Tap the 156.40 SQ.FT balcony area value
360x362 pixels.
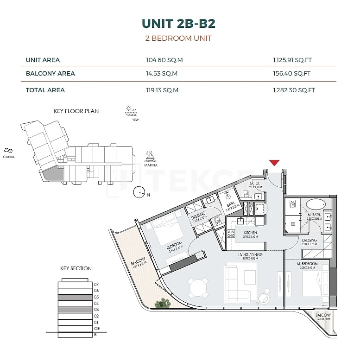[291, 74]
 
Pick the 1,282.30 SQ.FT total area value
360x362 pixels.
[294, 90]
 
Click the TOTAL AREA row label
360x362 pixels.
[45, 90]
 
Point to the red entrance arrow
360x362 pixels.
[274, 162]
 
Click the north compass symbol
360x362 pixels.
[139, 191]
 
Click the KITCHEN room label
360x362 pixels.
[250, 233]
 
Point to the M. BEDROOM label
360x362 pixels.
[306, 264]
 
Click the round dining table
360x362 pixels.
[198, 288]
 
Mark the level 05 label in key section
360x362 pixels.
[96, 297]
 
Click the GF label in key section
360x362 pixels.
[96, 328]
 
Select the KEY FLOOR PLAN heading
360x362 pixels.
[76, 111]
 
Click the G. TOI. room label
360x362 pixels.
[255, 184]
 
